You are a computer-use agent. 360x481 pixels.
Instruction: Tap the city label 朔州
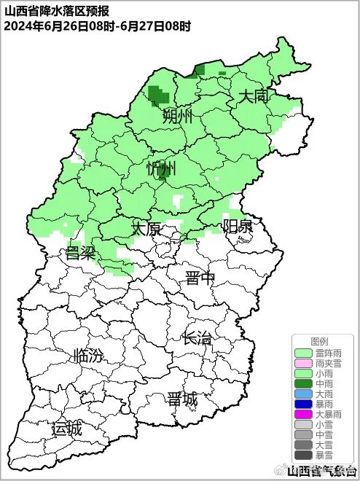[x=177, y=116]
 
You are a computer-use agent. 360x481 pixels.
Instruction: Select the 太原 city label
[x=146, y=229]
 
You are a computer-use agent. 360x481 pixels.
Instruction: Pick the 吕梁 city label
[x=81, y=253]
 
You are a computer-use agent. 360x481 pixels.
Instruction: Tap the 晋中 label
[x=200, y=278]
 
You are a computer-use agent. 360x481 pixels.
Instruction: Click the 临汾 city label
[x=88, y=356]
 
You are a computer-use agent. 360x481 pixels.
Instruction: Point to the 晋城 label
[x=181, y=399]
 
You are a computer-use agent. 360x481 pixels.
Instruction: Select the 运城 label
[x=66, y=429]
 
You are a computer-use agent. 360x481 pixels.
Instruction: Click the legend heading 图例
[x=319, y=341]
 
